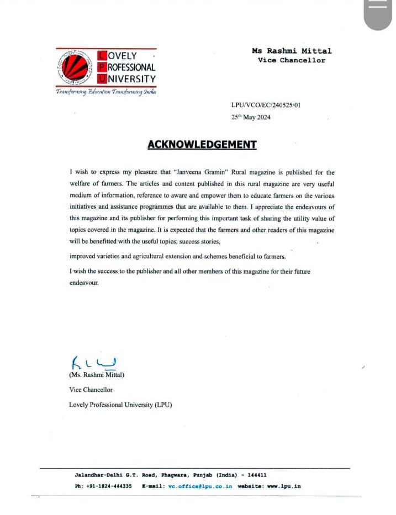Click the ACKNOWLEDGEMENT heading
pyautogui.click(x=202, y=145)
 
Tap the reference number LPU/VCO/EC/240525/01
pyautogui.click(x=261, y=105)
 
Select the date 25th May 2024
pyautogui.click(x=250, y=117)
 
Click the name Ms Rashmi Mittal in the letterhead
pyautogui.click(x=292, y=51)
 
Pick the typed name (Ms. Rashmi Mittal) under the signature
pyautogui.click(x=97, y=375)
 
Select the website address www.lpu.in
pyautogui.click(x=284, y=486)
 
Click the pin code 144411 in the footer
pyautogui.click(x=257, y=475)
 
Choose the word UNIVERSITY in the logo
pyautogui.click(x=131, y=79)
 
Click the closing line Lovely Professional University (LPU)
pyautogui.click(x=120, y=405)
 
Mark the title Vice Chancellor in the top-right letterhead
pyautogui.click(x=292, y=60)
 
